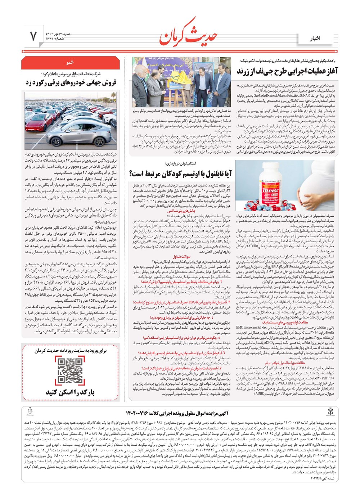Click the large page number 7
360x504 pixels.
tap(33, 36)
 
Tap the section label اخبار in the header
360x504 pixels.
tap(315, 38)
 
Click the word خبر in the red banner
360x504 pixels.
tap(70, 62)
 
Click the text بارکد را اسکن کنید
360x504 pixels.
tap(70, 392)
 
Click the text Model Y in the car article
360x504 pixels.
tap(108, 252)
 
